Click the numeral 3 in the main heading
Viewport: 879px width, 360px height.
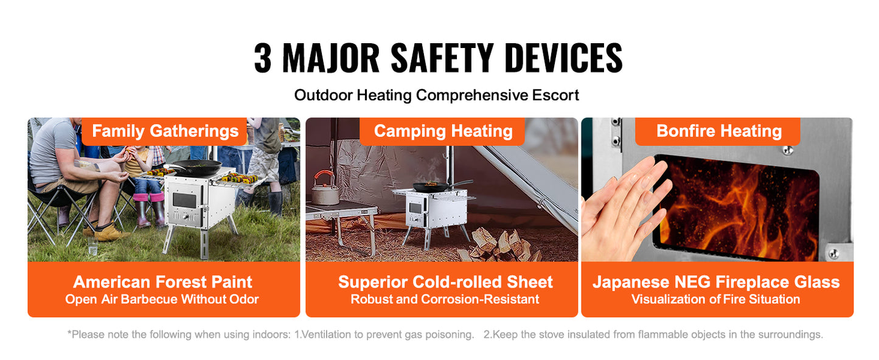click(x=263, y=59)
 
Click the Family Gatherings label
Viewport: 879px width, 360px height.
click(x=165, y=131)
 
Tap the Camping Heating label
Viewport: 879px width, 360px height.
click(x=443, y=131)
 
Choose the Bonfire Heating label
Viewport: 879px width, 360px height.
click(x=718, y=131)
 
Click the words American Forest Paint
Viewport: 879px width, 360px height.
click(x=162, y=282)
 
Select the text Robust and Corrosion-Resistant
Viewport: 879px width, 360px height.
click(x=445, y=299)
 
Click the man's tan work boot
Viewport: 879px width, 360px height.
click(x=109, y=233)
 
